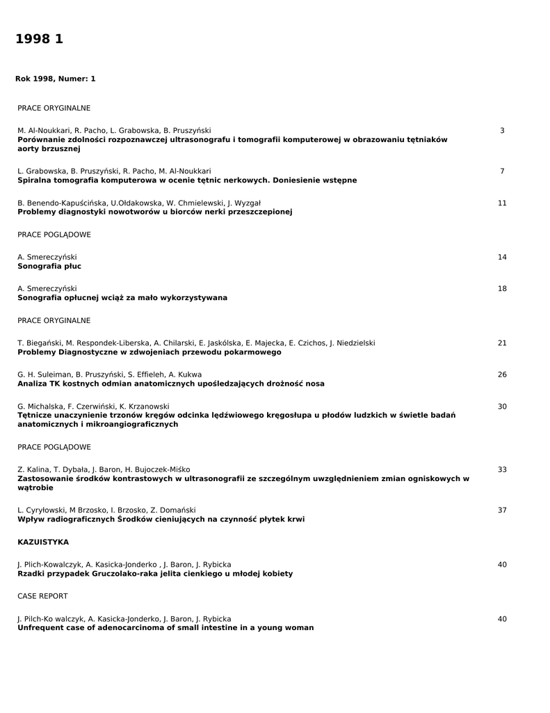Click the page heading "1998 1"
pos(39,40)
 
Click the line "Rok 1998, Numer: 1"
pos(56,79)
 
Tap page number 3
pos(502,131)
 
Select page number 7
pos(502,171)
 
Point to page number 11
pos(502,203)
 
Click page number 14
pos(502,258)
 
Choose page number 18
pos(502,289)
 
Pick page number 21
pos(502,343)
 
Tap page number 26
pos(502,375)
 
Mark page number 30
pos(502,407)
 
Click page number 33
pos(502,470)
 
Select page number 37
pos(502,510)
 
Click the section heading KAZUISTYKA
pos(43,542)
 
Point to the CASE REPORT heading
pos(42,596)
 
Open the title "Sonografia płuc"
pos(49,266)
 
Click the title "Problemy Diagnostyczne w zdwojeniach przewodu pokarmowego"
pos(149,352)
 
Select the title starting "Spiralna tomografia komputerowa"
pos(187,180)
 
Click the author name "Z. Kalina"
pos(33,470)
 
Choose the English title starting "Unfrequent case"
pos(165,627)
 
